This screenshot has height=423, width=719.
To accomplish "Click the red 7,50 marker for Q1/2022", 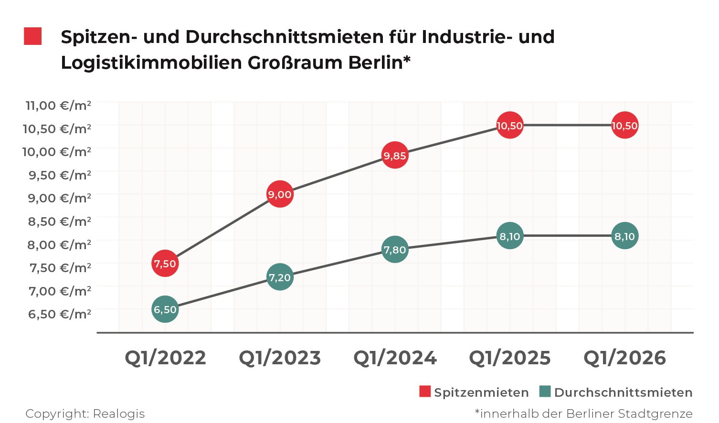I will tap(165, 263).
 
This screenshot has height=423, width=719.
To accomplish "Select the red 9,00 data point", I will tap(280, 194).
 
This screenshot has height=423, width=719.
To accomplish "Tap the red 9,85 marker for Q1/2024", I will tap(395, 155).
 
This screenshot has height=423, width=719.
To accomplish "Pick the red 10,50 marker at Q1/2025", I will tap(510, 126).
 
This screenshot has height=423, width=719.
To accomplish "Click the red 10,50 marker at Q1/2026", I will tap(624, 126).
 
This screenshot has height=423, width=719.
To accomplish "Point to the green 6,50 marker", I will tap(165, 309).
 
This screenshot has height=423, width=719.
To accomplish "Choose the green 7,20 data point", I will tap(280, 277).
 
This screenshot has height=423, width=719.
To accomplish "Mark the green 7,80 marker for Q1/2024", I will tap(395, 250).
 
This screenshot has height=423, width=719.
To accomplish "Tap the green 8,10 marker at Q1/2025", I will tap(510, 236).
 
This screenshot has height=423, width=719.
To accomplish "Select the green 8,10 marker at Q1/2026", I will tap(624, 236).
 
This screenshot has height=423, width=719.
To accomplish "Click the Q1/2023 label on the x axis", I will tap(280, 358).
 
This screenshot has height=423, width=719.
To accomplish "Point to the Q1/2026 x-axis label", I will tap(624, 358).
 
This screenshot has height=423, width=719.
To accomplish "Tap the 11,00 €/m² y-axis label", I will tap(58, 105).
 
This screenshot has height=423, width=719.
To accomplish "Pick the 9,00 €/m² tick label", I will tap(59, 198).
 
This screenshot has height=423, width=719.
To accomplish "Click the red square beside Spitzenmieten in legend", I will tap(425, 392).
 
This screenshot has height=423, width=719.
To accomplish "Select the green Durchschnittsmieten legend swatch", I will tap(545, 392).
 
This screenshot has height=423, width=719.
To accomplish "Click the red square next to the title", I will tap(33, 36).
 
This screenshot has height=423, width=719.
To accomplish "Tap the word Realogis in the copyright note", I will tap(118, 413).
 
